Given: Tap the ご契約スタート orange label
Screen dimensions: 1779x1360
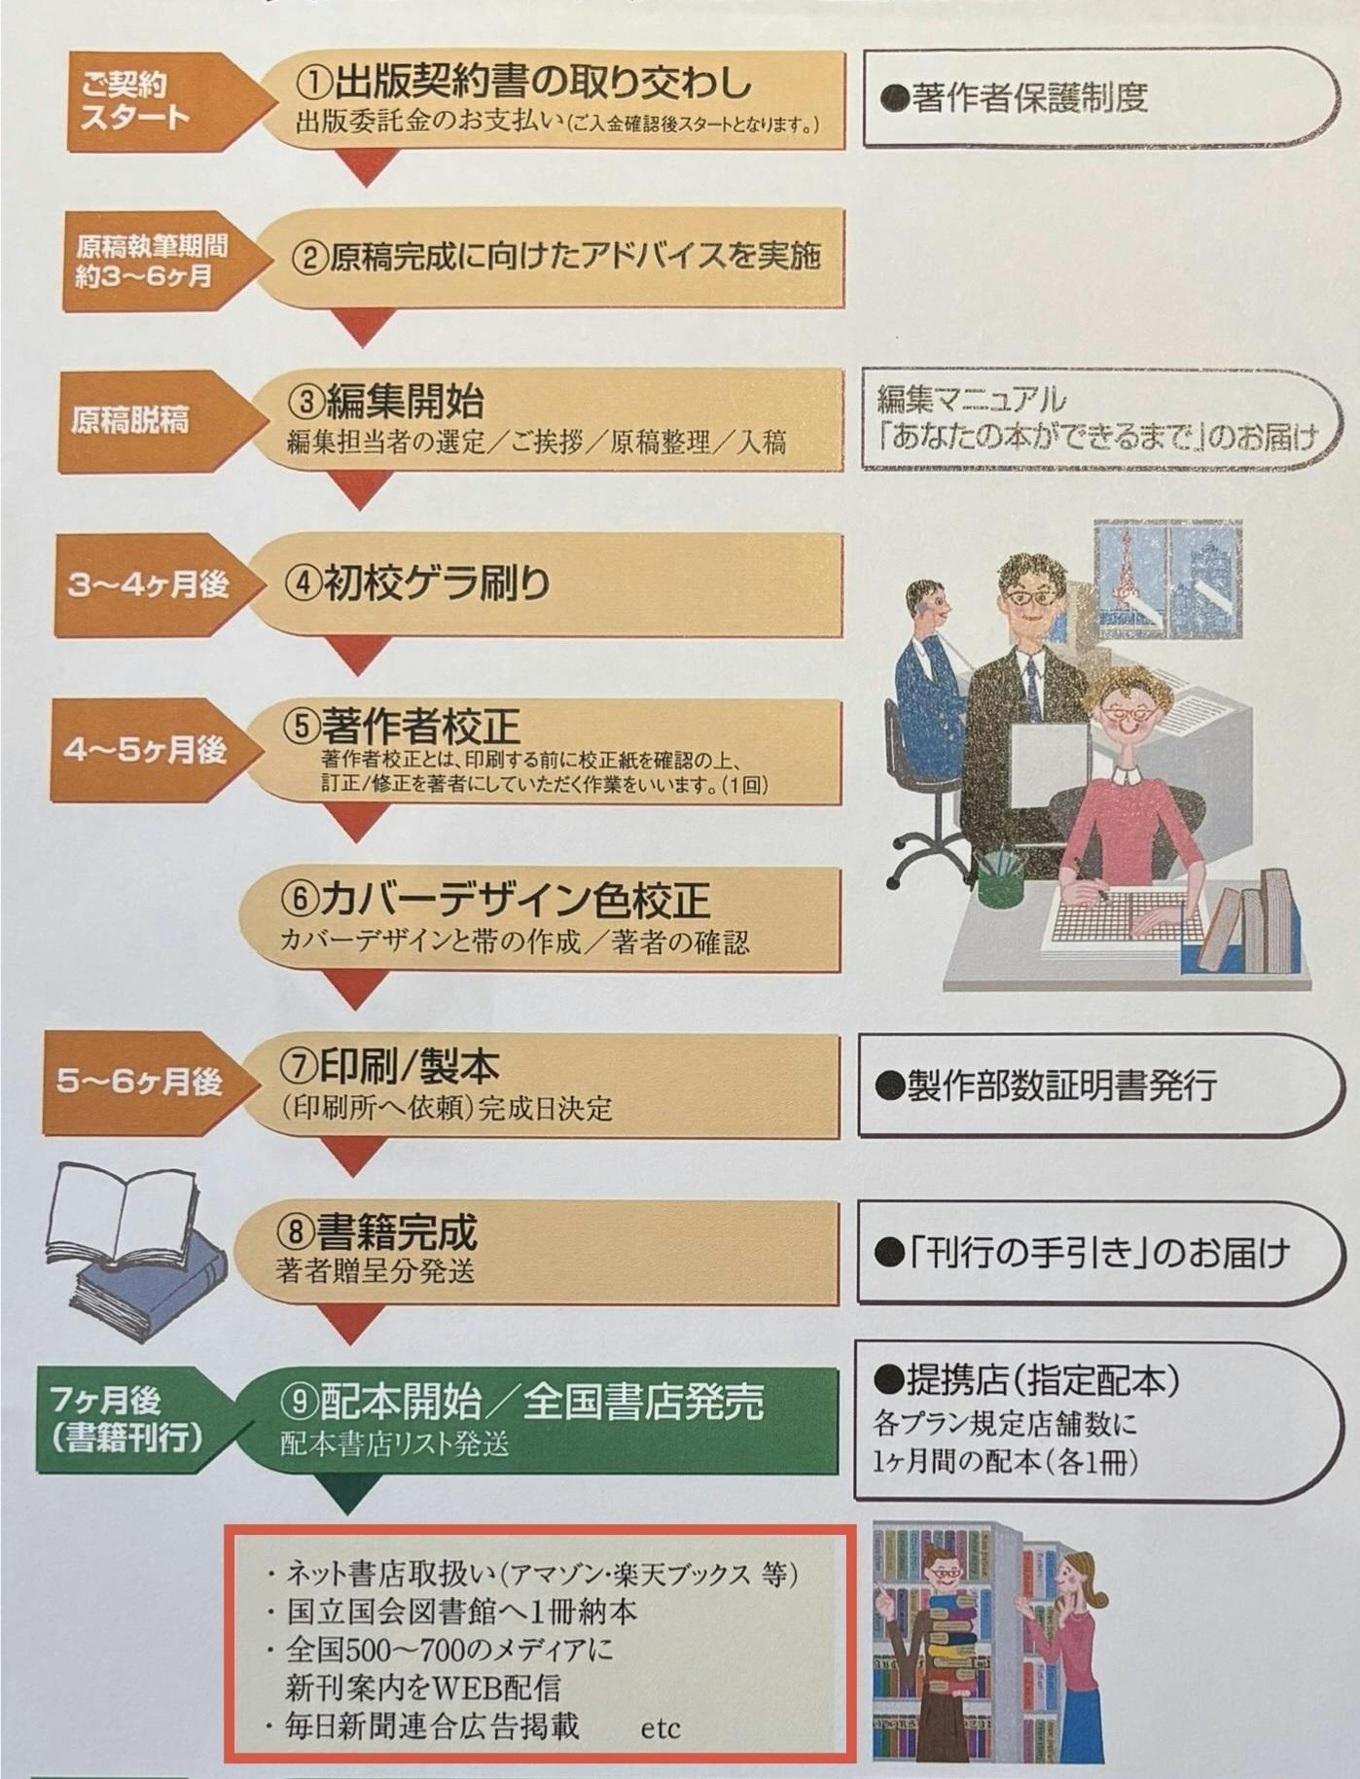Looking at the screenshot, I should click(135, 101).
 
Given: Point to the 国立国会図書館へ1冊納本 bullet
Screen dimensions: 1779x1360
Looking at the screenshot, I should click(461, 1612).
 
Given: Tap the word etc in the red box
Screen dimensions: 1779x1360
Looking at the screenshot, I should click(661, 1728).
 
